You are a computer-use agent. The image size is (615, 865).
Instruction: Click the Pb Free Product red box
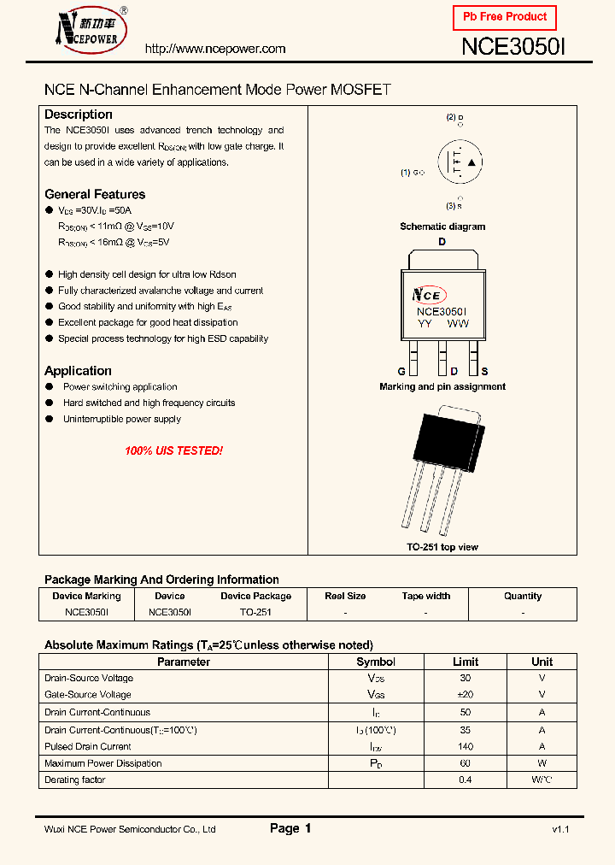click(504, 17)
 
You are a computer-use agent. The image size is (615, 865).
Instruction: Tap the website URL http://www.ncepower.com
click(215, 49)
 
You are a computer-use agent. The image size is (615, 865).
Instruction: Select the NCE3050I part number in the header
click(513, 48)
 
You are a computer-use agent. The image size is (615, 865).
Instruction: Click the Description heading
click(79, 115)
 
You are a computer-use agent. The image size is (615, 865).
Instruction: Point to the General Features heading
click(95, 194)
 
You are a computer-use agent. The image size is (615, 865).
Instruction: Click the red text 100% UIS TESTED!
click(173, 450)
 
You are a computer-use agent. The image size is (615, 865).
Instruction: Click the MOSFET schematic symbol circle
click(460, 162)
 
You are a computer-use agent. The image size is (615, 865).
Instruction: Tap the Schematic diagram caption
click(442, 227)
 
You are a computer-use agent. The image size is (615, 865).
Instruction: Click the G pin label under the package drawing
click(401, 372)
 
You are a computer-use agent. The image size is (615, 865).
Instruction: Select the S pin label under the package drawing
click(484, 372)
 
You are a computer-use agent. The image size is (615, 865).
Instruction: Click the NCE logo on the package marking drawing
click(428, 295)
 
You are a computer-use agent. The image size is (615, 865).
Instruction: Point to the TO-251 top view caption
click(442, 547)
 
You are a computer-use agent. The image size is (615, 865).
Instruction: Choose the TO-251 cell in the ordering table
click(255, 612)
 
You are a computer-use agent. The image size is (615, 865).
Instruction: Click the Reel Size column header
click(345, 596)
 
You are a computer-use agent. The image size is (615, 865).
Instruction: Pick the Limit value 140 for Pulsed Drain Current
click(466, 746)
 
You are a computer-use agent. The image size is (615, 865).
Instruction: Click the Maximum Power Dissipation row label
click(102, 763)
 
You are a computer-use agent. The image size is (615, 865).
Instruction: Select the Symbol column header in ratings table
click(376, 662)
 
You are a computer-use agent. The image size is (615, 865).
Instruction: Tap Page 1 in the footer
click(290, 828)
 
